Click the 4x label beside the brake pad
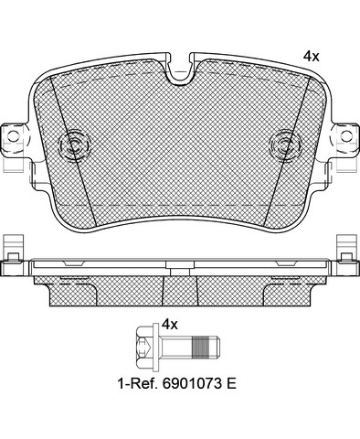311,57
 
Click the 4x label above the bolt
170,325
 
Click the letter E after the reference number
231,383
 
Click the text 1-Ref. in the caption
138,383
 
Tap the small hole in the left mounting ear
13,136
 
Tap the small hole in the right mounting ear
346,136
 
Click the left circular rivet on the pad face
75,145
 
